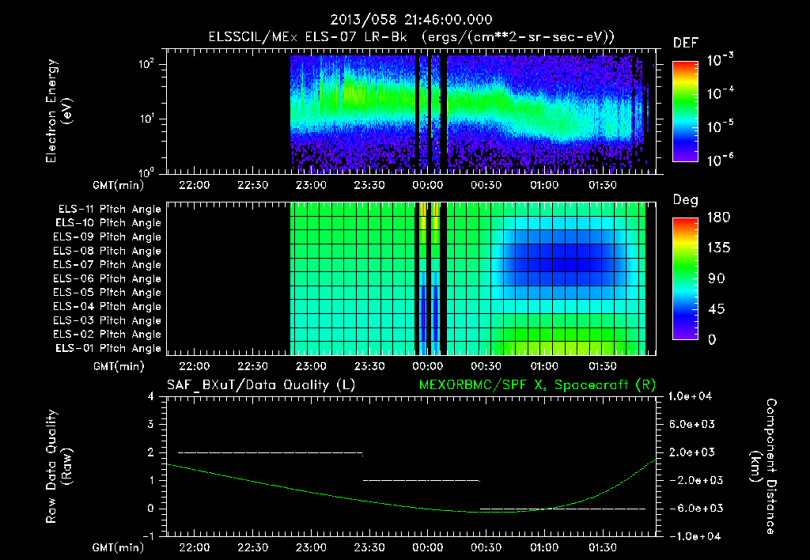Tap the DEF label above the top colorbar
point(685,44)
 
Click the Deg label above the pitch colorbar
point(685,200)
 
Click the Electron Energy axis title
point(59,112)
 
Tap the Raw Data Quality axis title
point(59,467)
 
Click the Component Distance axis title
point(763,467)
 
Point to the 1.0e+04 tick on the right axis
point(695,396)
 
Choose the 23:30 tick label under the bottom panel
point(369,547)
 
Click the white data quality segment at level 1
point(421,480)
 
